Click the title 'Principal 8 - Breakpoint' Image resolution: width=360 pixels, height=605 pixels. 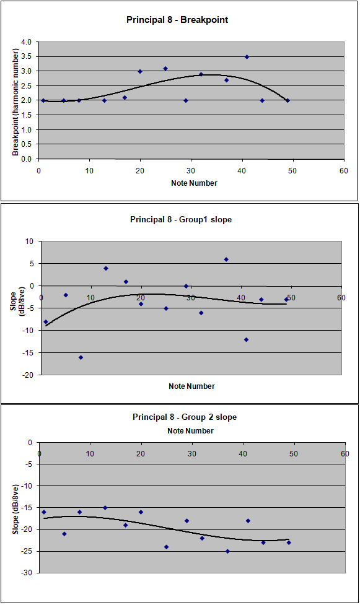point(177,20)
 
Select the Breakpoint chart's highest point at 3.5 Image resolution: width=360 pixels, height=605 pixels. point(247,57)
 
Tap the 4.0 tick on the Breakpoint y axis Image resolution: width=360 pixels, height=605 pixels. point(27,42)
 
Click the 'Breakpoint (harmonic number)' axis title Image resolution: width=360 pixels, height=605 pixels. point(15,102)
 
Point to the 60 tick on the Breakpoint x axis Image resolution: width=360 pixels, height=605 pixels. point(344,171)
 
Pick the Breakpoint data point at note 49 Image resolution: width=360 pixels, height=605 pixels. point(288,100)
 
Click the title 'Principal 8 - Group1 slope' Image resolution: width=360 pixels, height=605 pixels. point(181,220)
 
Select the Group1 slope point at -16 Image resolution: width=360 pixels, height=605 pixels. point(81,357)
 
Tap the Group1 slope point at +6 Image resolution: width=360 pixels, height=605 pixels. point(226,259)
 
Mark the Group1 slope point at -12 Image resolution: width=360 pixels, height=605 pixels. point(246,339)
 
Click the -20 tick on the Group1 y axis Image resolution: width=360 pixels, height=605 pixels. point(29,375)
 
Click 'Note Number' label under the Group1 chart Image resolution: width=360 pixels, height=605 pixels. point(191,386)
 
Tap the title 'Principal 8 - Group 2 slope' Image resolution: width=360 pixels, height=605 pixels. point(185,417)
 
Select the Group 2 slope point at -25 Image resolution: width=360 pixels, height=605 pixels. point(227,551)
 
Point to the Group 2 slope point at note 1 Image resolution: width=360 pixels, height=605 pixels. point(43,512)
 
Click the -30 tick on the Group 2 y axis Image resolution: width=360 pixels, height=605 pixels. point(27,573)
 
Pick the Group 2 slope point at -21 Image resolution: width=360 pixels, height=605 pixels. point(64,534)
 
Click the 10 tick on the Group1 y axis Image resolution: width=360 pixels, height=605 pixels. point(30,242)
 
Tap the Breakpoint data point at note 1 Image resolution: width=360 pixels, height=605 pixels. point(43,100)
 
